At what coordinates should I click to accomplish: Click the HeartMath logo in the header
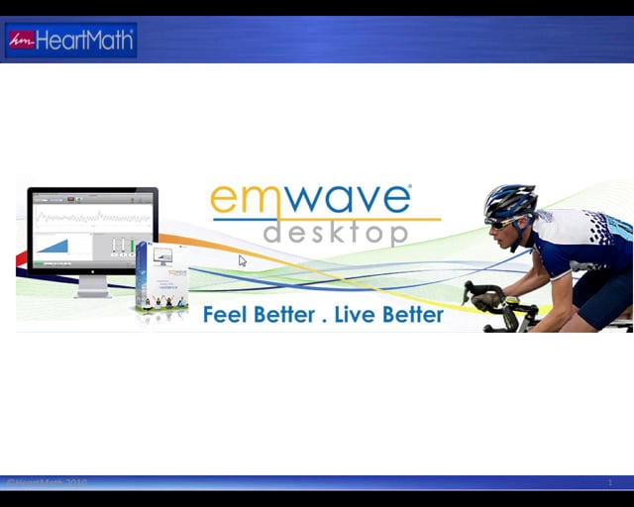(70, 41)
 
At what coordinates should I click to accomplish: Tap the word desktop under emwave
(335, 232)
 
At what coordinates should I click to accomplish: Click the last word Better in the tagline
(413, 315)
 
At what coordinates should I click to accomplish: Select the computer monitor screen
(92, 231)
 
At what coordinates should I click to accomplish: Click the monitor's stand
(92, 285)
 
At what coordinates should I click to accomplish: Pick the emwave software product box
(160, 280)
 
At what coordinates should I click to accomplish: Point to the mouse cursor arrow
(242, 260)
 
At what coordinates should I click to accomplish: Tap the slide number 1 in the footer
(610, 483)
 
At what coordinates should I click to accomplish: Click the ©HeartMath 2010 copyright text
(47, 483)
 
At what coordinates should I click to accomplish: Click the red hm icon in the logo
(21, 41)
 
